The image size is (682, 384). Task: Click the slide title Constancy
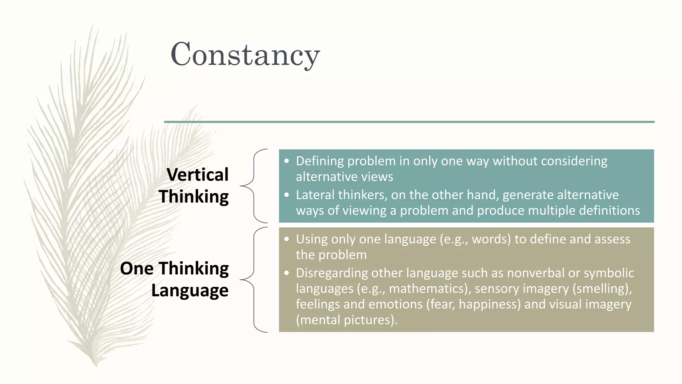245,55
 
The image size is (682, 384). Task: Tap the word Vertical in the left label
197,175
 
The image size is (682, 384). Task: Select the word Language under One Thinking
190,290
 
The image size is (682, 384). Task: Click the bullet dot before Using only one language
287,239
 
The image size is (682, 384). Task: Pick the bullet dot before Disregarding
287,273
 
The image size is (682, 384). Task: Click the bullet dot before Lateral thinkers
287,195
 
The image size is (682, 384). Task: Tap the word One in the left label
137,268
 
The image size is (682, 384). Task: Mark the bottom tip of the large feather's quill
96,366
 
